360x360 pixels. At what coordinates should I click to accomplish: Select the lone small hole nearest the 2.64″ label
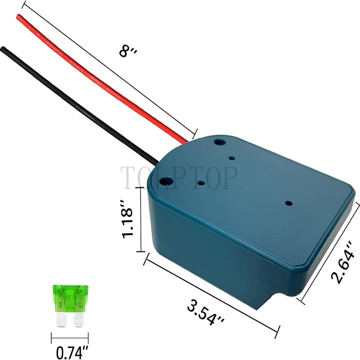coord(287,203)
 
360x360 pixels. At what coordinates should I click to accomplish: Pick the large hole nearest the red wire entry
coord(219,142)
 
